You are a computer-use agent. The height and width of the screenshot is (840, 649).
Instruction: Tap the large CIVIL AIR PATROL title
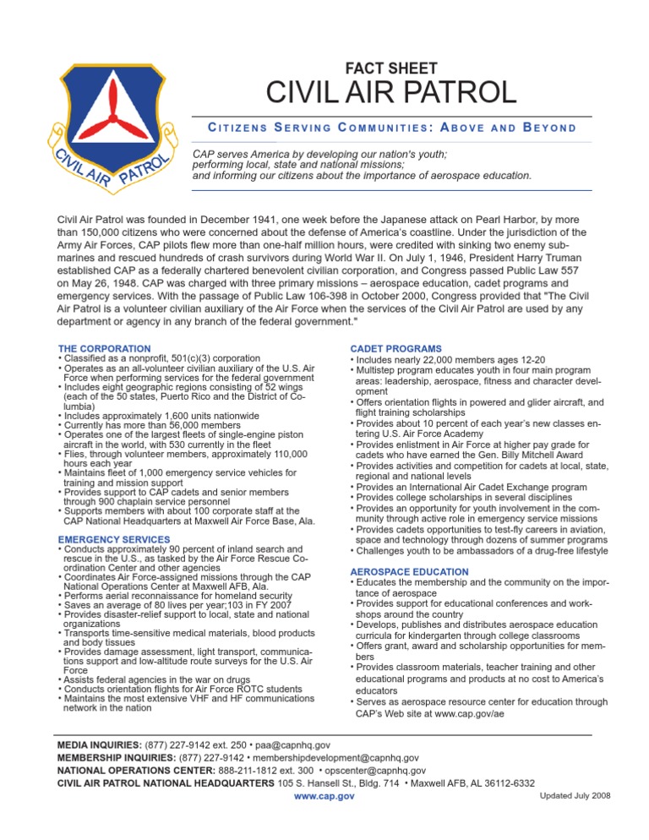390,94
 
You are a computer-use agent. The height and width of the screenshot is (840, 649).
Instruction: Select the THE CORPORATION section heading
104,348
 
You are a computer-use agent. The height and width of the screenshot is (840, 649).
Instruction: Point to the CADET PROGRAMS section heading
395,348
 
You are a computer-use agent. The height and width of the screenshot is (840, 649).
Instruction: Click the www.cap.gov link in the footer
324,797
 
